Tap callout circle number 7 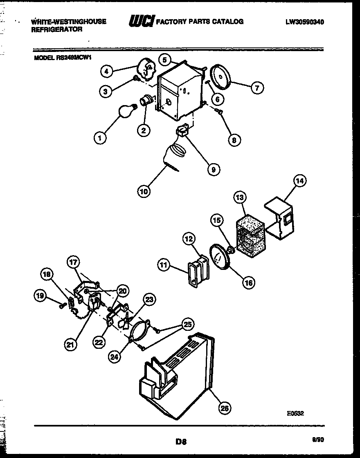(257, 88)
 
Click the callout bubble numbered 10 (144, 191)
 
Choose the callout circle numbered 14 (300, 181)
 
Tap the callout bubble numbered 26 (225, 408)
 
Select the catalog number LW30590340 (305, 22)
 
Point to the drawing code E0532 (295, 413)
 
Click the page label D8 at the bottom (181, 441)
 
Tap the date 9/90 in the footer (317, 440)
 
